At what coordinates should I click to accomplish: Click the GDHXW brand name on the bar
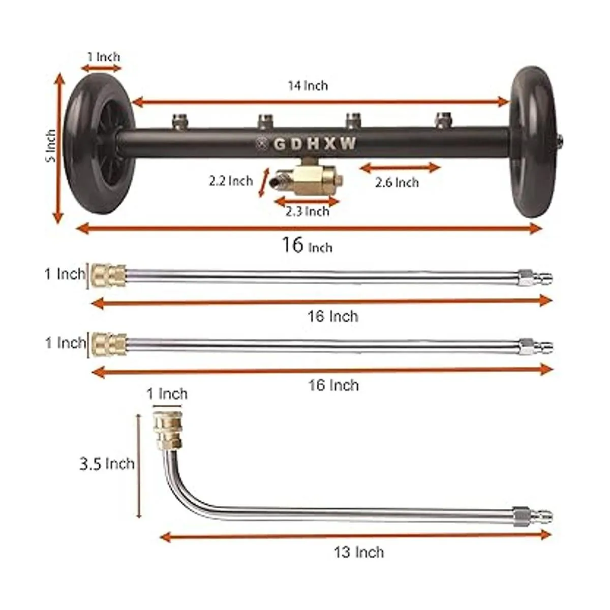[315, 144]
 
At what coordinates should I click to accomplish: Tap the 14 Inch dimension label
[308, 85]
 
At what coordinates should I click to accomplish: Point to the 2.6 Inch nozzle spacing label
[397, 182]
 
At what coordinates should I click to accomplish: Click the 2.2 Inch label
[231, 181]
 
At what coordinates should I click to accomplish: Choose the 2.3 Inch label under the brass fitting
[308, 211]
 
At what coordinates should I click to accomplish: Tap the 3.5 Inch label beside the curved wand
[107, 464]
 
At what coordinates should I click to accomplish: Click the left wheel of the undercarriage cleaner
[99, 144]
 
